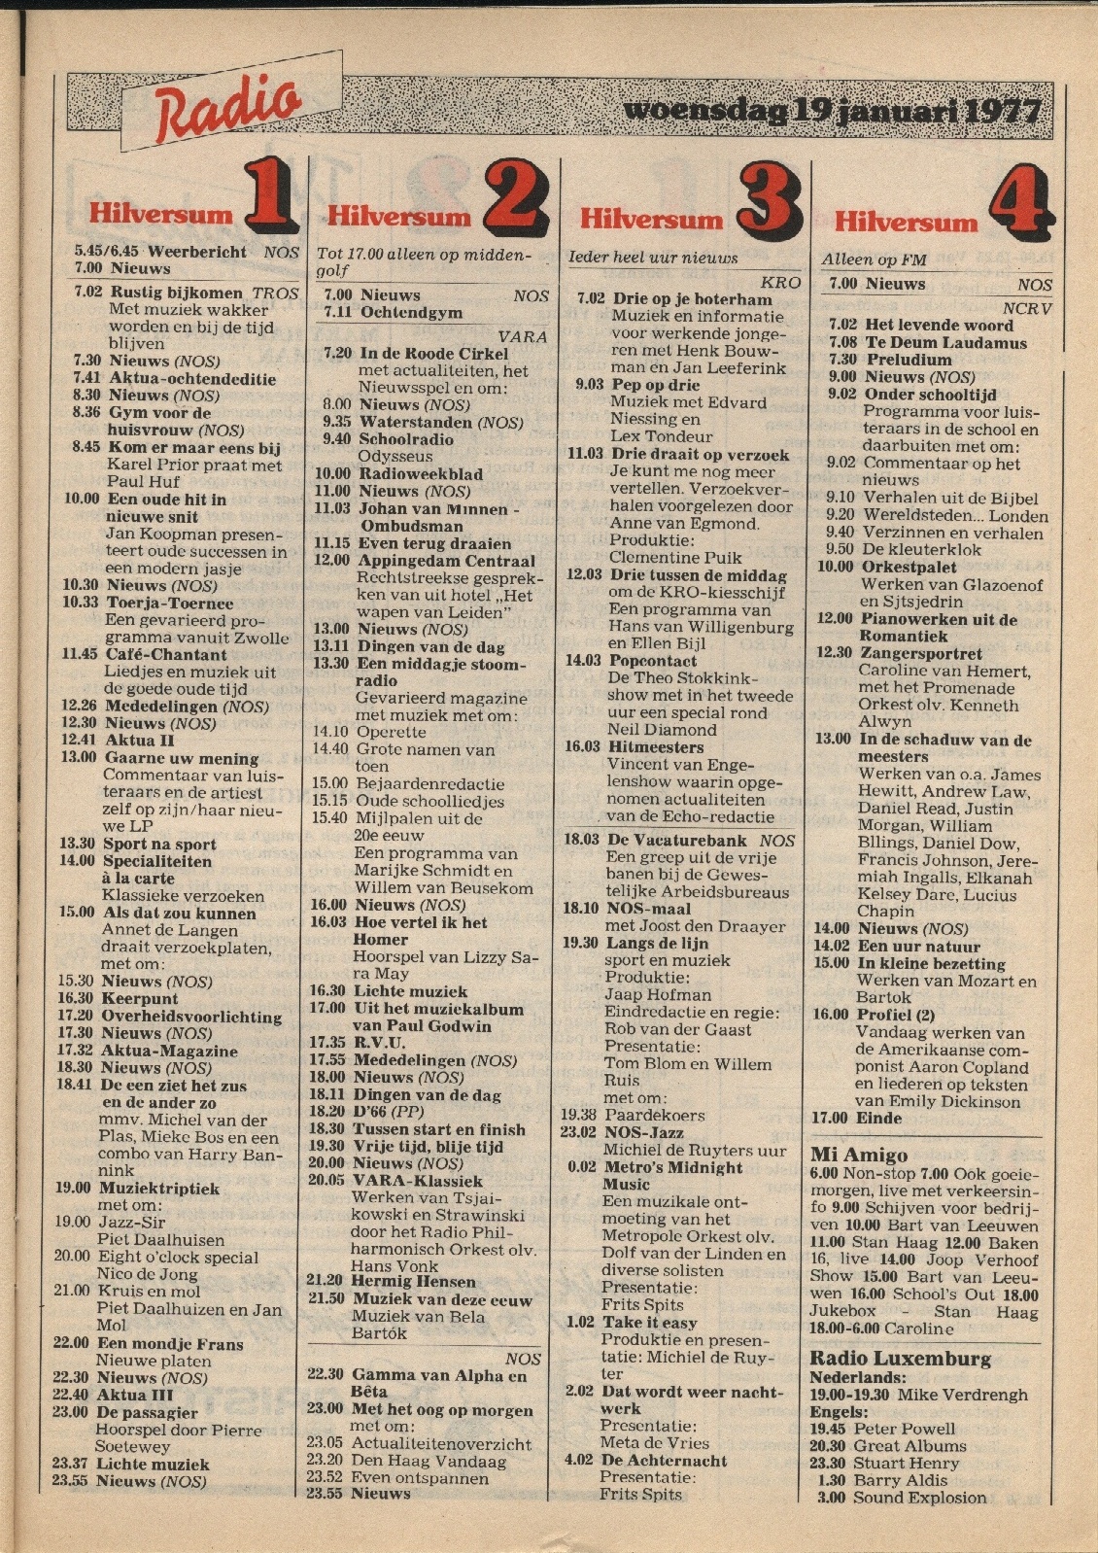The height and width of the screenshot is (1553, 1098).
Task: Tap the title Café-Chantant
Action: [x=165, y=655]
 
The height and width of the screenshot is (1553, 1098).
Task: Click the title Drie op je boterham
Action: [x=692, y=299]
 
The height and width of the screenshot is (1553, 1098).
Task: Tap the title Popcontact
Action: [x=652, y=661]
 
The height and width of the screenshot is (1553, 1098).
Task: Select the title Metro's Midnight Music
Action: [x=672, y=1176]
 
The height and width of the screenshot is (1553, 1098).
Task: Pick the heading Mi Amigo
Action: [x=859, y=1155]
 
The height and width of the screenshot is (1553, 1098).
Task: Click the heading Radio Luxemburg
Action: [x=900, y=1358]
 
